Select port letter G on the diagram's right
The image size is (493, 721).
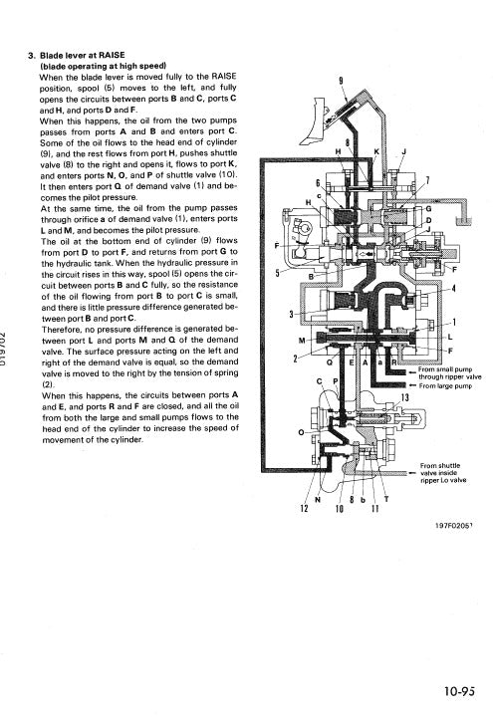coord(427,210)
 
